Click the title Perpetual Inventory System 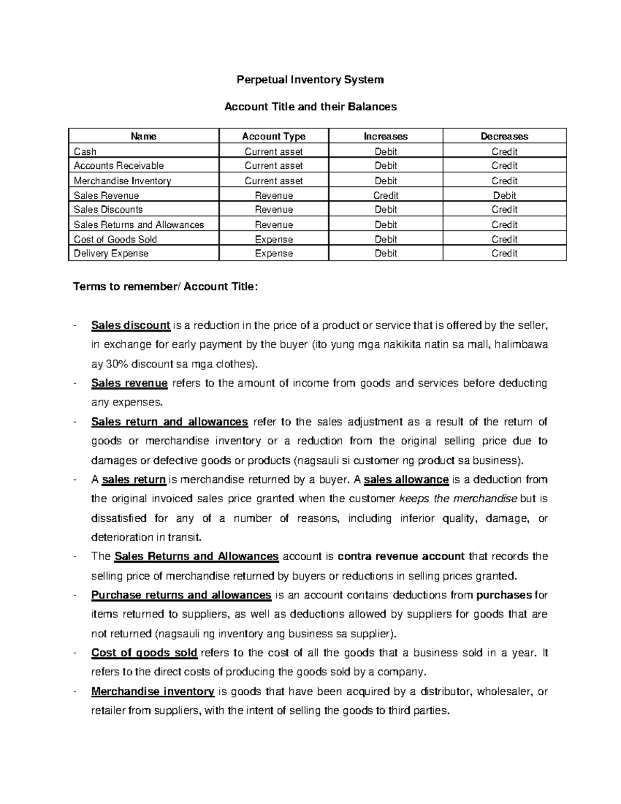click(310, 80)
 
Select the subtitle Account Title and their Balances click(310, 107)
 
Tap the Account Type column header click(274, 136)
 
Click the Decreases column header click(504, 136)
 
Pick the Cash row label click(85, 152)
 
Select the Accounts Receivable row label click(119, 166)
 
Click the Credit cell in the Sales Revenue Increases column click(386, 195)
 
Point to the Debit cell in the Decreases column click(504, 195)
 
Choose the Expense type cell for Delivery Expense click(274, 253)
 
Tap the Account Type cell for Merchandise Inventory click(274, 181)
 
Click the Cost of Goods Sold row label click(115, 239)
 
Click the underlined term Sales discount click(130, 326)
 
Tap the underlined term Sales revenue click(129, 383)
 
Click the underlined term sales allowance click(406, 479)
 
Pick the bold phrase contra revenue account click(401, 557)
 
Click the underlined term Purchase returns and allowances click(181, 595)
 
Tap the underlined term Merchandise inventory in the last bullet click(153, 691)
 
